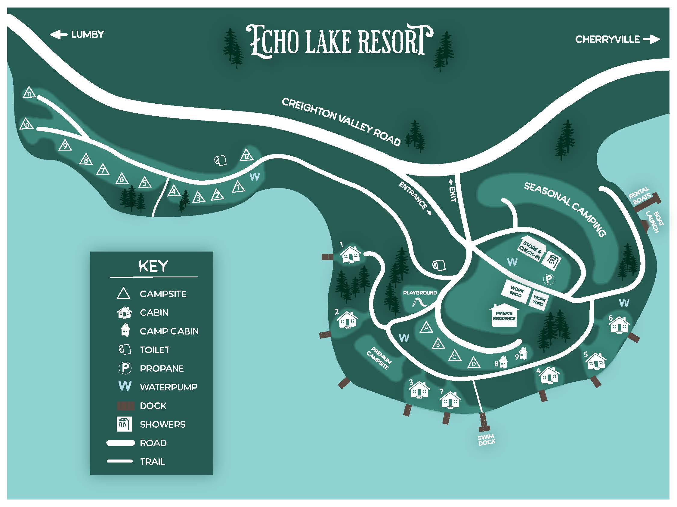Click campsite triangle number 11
pos(29,93)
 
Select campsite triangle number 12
pos(247,156)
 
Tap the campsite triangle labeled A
pos(426,328)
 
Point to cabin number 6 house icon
pos(620,325)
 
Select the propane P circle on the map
pos(549,279)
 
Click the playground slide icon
pos(419,303)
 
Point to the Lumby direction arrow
pos(58,35)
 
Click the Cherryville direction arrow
pos(651,39)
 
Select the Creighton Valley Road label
pos(341,122)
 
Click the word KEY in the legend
pos(153,266)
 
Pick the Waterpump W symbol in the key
pos(125,386)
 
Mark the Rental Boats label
pos(640,195)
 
